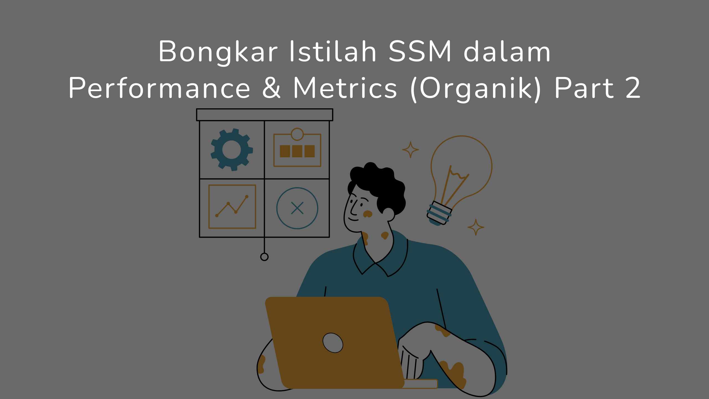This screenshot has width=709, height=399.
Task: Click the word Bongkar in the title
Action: [x=218, y=52]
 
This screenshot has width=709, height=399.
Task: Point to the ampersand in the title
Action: [x=272, y=88]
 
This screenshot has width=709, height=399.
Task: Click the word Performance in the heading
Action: [x=160, y=88]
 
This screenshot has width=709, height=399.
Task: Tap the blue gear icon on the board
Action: [x=232, y=150]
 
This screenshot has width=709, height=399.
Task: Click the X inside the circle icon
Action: [x=297, y=208]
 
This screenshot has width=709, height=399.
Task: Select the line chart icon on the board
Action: [x=232, y=206]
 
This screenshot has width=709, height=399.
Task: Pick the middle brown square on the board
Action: [x=297, y=151]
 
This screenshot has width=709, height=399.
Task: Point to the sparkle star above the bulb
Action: [x=410, y=150]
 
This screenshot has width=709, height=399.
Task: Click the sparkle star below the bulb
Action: [x=476, y=227]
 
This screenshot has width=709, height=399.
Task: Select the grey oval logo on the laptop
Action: [x=333, y=342]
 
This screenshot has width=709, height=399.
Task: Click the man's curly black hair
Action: [x=379, y=183]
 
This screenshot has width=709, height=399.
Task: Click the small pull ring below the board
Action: [x=264, y=257]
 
